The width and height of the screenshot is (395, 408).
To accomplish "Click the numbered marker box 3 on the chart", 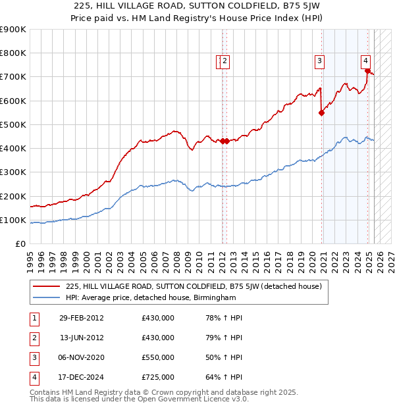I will point(319,62).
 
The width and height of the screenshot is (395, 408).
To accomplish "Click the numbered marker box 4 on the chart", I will point(365,62).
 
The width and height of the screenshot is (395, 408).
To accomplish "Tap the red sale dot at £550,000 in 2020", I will point(322,113).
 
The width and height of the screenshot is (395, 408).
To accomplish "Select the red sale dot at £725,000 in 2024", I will point(367,71).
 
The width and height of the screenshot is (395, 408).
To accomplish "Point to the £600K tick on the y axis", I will point(14,101).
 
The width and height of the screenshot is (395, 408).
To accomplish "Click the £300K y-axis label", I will point(14,172).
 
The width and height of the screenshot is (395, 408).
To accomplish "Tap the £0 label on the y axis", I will point(20,243).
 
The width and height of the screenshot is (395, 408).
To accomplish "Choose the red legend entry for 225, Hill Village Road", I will point(193,286).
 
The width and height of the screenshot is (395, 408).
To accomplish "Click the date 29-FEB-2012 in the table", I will point(81,318).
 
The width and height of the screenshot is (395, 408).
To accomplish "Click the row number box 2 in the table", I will point(33,338).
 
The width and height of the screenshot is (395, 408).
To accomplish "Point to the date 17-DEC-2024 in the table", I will point(81,377).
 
